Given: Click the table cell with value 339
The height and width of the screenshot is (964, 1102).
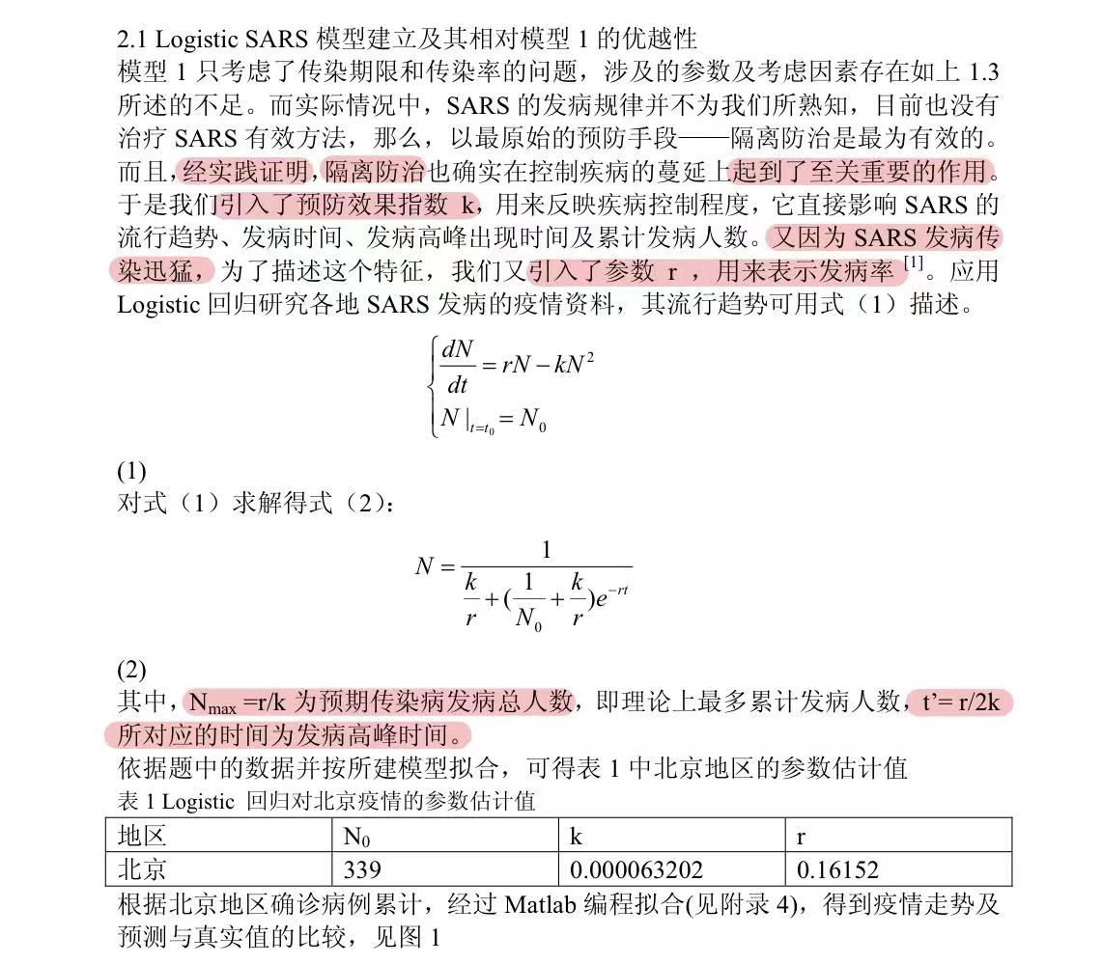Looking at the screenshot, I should point(362,870).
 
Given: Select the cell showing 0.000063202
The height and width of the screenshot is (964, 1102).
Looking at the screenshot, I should point(636,870).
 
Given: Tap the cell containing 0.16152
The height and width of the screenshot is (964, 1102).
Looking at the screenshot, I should point(837,870).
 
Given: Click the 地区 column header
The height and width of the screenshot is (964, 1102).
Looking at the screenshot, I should point(142,836).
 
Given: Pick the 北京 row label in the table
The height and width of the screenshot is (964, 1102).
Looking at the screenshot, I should point(142,870).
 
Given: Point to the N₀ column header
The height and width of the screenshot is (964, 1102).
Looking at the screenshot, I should point(357,837).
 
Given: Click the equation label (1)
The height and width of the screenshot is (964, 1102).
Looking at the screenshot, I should point(131,472).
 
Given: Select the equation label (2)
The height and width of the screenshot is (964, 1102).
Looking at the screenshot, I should point(131,669).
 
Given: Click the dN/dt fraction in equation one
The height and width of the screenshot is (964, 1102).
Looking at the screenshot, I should point(457,368).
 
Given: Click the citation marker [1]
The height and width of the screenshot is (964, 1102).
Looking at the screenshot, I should point(914,262).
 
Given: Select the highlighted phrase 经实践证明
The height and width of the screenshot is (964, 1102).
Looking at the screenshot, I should point(245,173).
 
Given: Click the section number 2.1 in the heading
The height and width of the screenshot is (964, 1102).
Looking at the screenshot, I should point(133,40).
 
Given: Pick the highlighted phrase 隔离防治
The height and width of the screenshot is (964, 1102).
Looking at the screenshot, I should point(375,173).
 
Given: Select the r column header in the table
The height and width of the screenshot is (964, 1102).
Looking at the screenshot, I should point(802,837).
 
